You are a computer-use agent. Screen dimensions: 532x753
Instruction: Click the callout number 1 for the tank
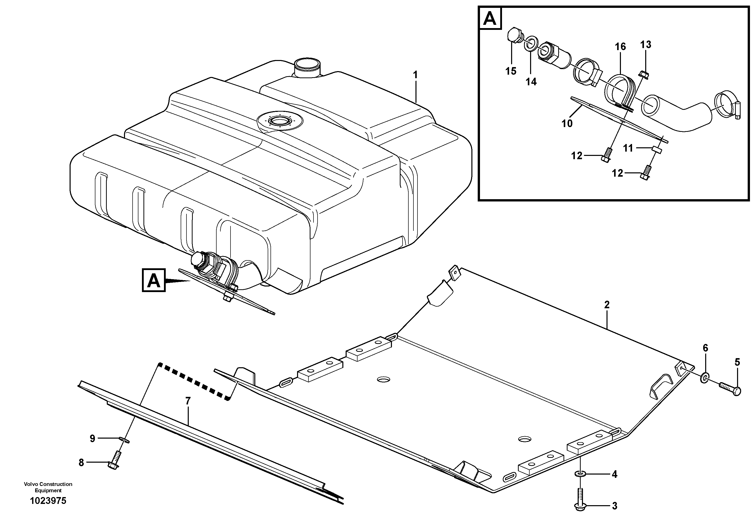click(415, 75)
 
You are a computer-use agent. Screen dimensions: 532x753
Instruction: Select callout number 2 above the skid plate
click(607, 305)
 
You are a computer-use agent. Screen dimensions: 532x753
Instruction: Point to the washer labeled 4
click(580, 474)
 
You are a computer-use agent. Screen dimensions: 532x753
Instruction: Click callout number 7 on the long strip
click(187, 401)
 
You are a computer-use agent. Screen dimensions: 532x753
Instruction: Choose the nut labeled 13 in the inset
click(642, 75)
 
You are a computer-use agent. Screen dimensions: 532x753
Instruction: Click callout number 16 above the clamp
click(620, 47)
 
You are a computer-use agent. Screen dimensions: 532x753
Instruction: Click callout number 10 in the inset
click(567, 124)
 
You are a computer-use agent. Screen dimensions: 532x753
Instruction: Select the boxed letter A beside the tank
click(154, 280)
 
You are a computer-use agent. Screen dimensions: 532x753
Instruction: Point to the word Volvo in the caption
click(31, 484)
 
